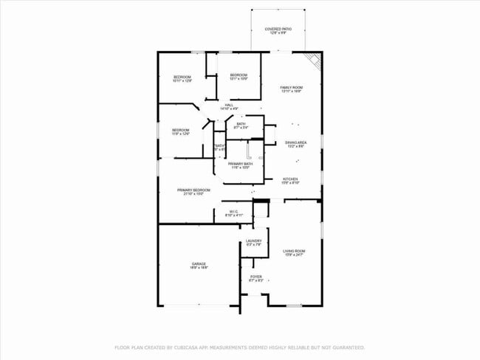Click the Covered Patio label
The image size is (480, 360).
point(278,30)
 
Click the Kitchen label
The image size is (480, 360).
point(290,180)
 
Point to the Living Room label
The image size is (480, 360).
point(294,252)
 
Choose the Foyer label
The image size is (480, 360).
point(256,277)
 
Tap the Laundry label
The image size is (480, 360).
point(253,241)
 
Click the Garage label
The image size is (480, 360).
point(199,264)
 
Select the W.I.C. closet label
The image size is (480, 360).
point(233,212)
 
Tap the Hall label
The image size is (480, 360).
point(230,105)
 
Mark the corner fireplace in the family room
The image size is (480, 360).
point(315,62)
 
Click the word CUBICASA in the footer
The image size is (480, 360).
point(193,347)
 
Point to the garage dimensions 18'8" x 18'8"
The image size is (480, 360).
point(199,268)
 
